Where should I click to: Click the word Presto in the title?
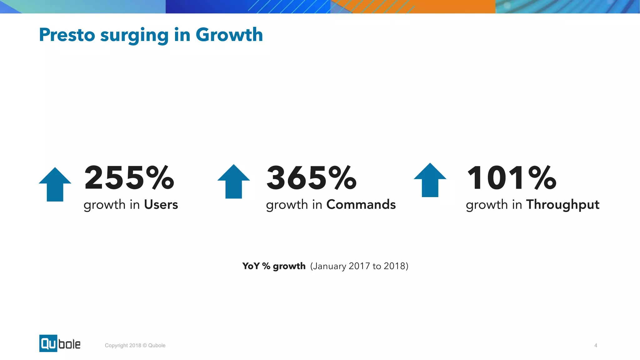67,35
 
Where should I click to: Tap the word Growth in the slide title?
229,35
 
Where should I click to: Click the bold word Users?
161,205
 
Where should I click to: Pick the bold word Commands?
361,205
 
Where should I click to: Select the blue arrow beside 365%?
233,182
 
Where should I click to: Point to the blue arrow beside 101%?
430,180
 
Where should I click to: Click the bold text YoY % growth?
274,266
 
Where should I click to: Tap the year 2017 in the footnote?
359,266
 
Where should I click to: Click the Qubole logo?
60,343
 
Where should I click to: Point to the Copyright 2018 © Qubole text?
135,345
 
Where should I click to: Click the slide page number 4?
596,345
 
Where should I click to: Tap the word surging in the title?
134,35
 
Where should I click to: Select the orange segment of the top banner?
437,6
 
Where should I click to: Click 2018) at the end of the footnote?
396,266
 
